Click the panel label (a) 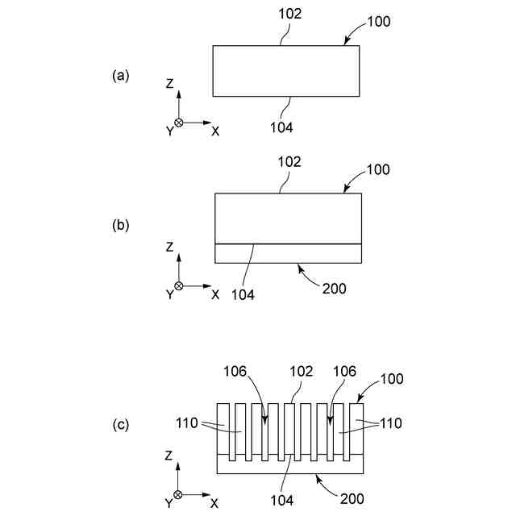[x=120, y=76]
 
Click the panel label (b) [x=120, y=227]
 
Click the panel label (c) [x=120, y=426]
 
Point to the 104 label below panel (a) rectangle [x=281, y=127]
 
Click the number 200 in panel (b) [x=335, y=288]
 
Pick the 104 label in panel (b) [x=242, y=294]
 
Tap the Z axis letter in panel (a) [x=170, y=83]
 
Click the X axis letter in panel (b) [x=215, y=294]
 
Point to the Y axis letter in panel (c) [x=169, y=504]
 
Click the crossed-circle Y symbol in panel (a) [x=179, y=123]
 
